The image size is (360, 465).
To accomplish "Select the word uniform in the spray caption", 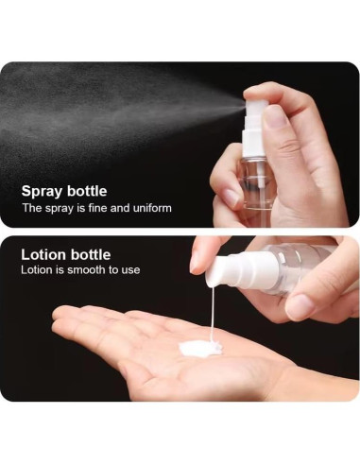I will (149, 208).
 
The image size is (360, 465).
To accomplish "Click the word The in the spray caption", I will (31, 208).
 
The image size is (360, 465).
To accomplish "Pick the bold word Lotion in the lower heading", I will (43, 254).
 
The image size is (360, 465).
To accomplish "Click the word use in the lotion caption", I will (129, 270).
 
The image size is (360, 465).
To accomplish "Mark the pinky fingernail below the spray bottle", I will (231, 197).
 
